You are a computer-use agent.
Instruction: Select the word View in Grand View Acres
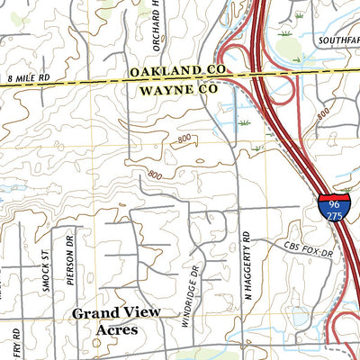[144, 312]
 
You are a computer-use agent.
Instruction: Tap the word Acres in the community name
[116, 330]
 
